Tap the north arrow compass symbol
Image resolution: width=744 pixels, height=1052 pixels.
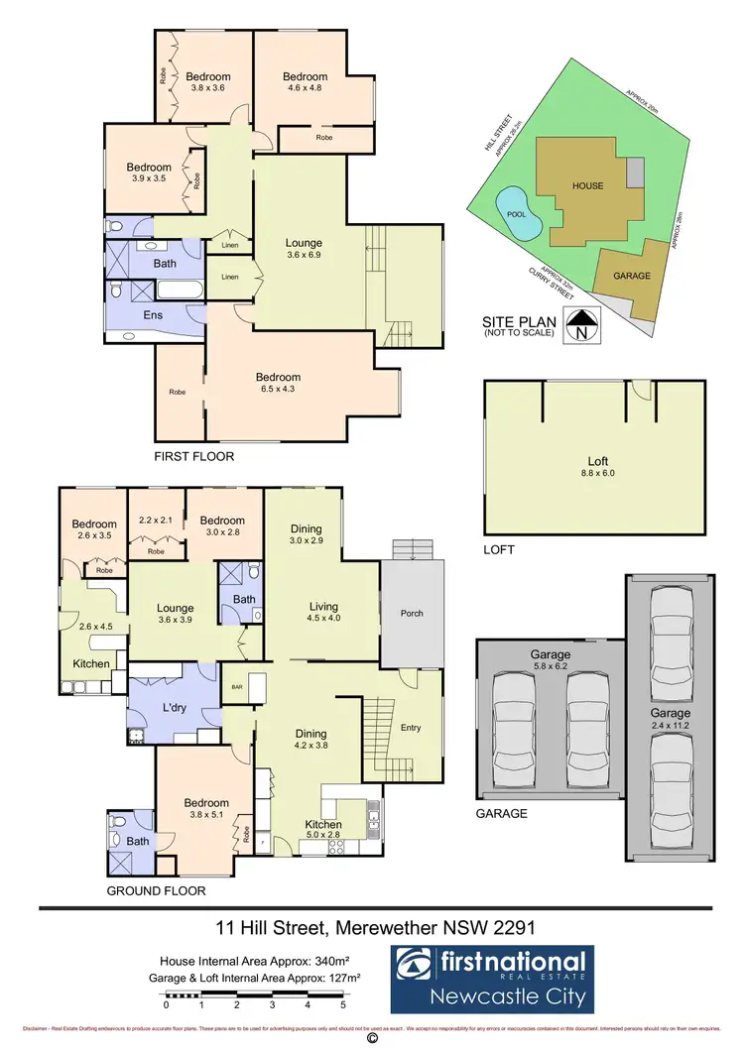coord(580,324)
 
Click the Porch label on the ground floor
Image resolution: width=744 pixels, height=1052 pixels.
coord(412,613)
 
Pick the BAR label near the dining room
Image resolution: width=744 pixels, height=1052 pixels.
coord(237,685)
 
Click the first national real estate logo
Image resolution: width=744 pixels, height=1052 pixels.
coord(490,977)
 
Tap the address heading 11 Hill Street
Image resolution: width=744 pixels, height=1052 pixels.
coord(375,928)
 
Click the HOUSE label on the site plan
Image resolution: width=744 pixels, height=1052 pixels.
coord(586,185)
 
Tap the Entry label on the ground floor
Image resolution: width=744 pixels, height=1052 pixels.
coord(411,727)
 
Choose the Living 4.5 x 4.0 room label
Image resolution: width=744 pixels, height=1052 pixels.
coord(323,612)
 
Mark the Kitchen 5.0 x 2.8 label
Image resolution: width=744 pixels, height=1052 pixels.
coord(323,830)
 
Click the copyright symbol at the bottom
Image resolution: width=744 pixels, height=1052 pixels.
coord(372,1040)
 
